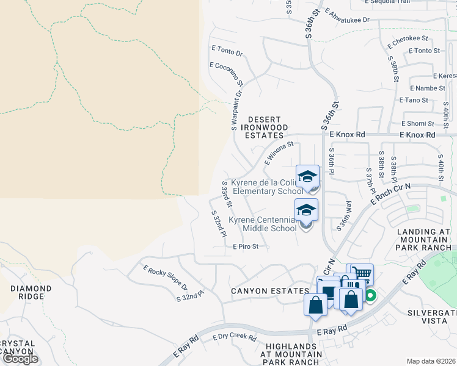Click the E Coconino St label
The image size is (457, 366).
tap(227, 73)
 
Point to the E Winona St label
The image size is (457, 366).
tap(279, 154)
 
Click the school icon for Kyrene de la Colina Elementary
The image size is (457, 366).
tap(307, 177)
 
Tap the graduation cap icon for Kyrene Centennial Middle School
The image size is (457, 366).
tap(307, 210)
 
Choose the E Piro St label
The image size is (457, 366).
tap(246, 247)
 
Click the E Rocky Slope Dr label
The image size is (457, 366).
tap(165, 278)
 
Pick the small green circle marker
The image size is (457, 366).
tap(370, 297)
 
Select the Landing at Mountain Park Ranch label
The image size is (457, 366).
tap(423, 240)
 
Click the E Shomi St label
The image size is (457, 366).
tap(417, 124)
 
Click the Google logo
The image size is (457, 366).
tap(20, 359)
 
